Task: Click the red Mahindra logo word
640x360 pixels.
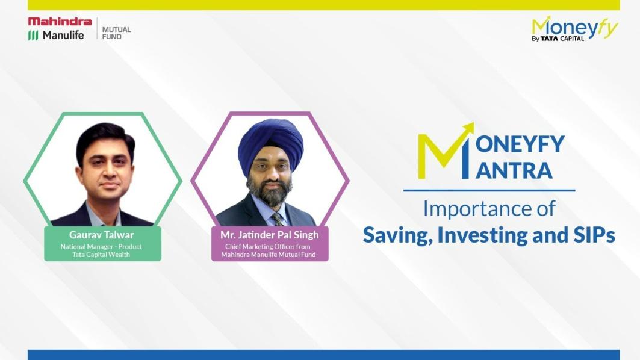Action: pos(60,22)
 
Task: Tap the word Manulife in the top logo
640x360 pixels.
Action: pos(63,36)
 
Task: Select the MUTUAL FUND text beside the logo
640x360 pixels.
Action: pos(116,33)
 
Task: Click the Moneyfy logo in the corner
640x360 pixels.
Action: pos(575,28)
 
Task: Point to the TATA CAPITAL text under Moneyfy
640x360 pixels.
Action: pos(562,39)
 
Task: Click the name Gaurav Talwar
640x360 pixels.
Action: pos(102,235)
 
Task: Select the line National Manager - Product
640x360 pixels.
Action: pos(101,247)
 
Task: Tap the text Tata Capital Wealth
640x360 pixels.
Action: pos(101,255)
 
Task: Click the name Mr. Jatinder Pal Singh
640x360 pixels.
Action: pos(269,235)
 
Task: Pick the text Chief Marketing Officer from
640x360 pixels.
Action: pos(268,247)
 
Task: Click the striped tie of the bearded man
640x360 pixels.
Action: pos(278,219)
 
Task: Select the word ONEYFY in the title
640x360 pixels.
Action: pos(520,144)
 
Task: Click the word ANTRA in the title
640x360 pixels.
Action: pos(514,170)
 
